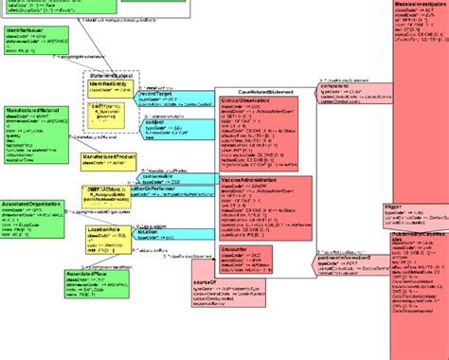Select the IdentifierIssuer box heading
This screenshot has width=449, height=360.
tap(27, 31)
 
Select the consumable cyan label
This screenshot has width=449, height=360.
tap(159, 175)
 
